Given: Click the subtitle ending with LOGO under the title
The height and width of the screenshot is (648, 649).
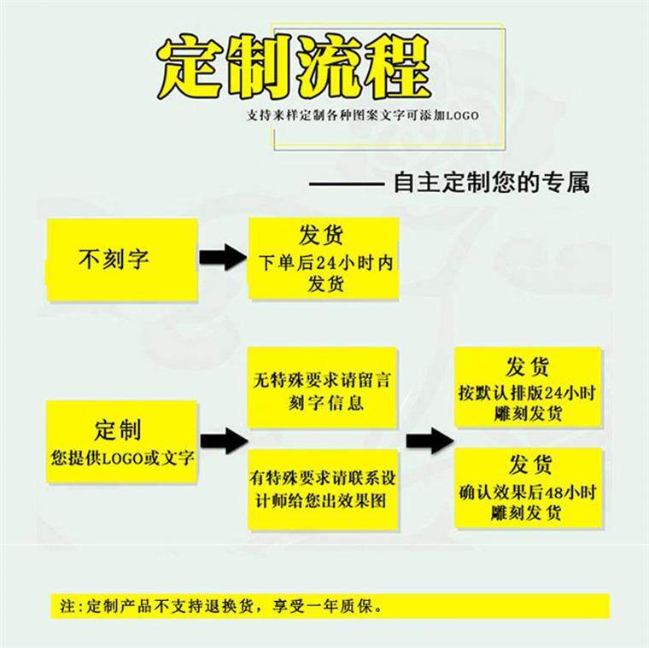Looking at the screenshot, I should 362,114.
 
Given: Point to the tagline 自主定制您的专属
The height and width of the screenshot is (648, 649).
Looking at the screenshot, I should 490,183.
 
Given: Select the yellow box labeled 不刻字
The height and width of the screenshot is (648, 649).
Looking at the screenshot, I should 122,259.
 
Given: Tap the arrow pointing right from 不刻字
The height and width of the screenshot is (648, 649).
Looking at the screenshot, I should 221,258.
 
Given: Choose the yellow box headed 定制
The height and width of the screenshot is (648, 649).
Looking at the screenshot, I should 121,442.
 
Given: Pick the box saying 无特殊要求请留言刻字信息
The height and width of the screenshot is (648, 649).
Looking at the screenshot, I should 322,388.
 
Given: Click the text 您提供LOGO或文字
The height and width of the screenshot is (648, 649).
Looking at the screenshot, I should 122,457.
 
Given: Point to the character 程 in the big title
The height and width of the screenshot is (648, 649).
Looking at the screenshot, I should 394,68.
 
